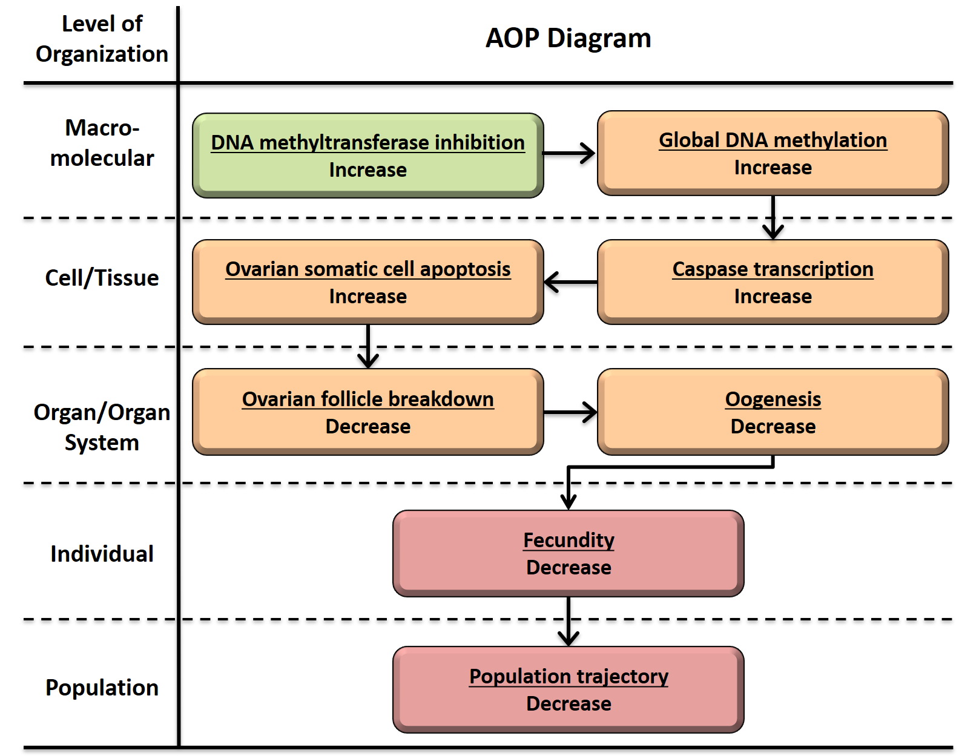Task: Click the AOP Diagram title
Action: pos(568,38)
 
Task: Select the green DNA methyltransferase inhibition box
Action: pos(367,156)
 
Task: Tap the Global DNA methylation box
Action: pos(773,153)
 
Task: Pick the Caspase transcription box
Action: pos(773,282)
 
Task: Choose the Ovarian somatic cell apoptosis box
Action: pos(367,282)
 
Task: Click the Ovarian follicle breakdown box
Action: pos(367,412)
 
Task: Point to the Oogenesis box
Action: pos(773,412)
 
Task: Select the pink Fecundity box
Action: pos(568,553)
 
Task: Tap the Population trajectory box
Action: pos(568,689)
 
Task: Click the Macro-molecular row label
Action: pos(102,143)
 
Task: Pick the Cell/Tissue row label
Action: pos(102,278)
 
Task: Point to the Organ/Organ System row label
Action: pos(102,427)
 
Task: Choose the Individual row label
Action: pos(102,554)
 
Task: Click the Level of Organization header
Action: pos(102,39)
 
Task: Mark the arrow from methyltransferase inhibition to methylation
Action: pos(569,153)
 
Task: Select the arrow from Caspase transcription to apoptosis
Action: pos(570,282)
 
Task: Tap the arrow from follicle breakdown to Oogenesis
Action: pos(570,412)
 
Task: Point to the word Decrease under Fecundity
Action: pos(568,568)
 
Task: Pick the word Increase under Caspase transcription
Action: pos(773,297)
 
